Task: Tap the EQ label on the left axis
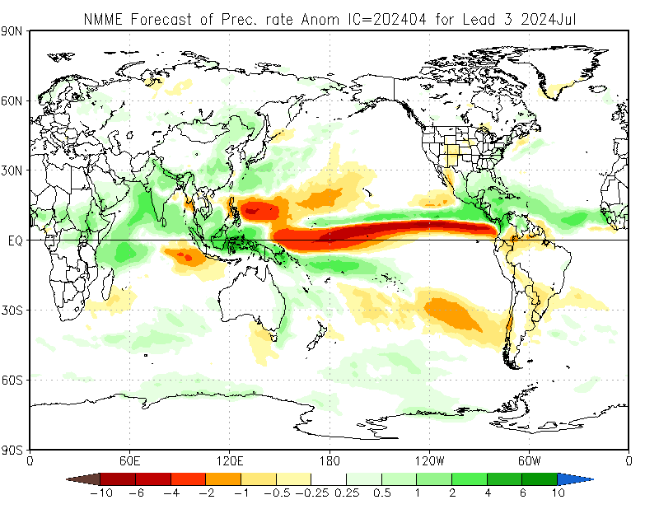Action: click(15, 240)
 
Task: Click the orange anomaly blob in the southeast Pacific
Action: click(450, 313)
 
